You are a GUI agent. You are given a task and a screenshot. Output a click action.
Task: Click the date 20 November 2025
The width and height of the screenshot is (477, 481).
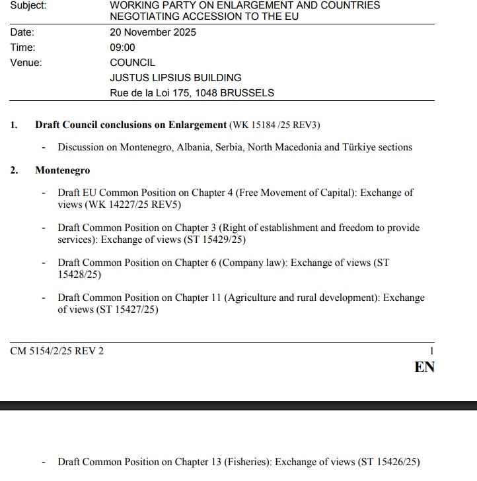(x=153, y=32)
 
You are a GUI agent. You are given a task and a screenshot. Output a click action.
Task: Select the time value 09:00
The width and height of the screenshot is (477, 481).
(x=122, y=48)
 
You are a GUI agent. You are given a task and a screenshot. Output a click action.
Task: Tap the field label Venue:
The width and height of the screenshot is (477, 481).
(x=26, y=63)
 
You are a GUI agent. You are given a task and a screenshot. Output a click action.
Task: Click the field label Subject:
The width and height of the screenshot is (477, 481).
(x=28, y=5)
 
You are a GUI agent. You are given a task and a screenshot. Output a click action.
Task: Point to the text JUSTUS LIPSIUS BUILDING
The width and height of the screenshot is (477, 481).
(x=175, y=78)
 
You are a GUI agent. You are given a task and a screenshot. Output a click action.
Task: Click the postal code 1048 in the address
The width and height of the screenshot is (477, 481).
(x=205, y=93)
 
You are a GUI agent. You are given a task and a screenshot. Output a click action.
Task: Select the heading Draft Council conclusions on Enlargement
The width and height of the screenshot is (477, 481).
(x=131, y=125)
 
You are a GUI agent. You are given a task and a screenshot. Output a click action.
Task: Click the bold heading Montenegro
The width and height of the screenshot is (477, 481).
(x=62, y=170)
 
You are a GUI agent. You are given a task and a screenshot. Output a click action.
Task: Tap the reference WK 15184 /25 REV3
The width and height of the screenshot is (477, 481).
(x=275, y=125)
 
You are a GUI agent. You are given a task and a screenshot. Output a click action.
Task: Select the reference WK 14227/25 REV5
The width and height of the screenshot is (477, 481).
(x=129, y=205)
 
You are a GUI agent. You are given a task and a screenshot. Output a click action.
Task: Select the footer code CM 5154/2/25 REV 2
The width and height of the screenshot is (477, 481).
(x=57, y=351)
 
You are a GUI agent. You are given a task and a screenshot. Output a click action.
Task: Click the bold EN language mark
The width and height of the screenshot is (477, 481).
(x=424, y=368)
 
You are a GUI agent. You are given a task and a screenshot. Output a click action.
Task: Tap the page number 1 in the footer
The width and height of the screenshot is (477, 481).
(x=431, y=352)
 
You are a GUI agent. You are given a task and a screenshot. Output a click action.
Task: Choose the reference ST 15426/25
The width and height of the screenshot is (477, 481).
(x=389, y=462)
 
